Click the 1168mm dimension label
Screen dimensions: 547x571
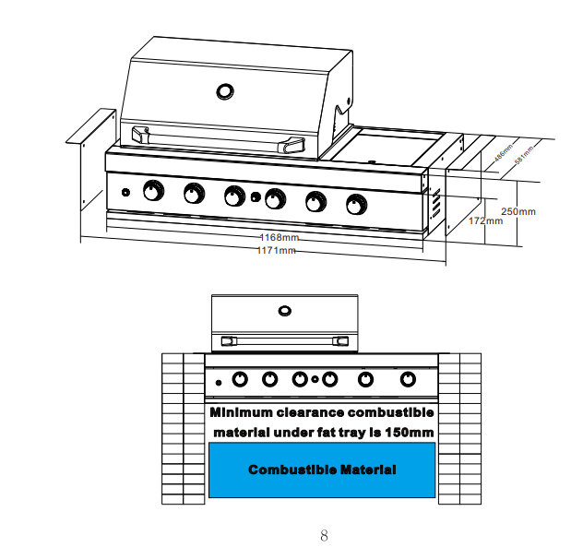(278, 240)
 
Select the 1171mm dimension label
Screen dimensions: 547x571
(276, 251)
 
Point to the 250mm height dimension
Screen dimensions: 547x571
(517, 211)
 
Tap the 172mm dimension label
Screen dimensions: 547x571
(485, 221)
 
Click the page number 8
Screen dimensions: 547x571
(324, 535)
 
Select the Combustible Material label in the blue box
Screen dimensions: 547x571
(322, 470)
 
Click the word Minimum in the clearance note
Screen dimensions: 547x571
(242, 412)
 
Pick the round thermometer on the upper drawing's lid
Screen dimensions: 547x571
(224, 91)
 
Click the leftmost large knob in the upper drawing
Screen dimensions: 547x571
(152, 192)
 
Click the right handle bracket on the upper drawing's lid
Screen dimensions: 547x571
(294, 145)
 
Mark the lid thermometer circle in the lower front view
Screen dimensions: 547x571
(284, 310)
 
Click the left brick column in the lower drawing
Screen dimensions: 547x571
(183, 429)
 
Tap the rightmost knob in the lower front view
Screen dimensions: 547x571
(408, 378)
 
